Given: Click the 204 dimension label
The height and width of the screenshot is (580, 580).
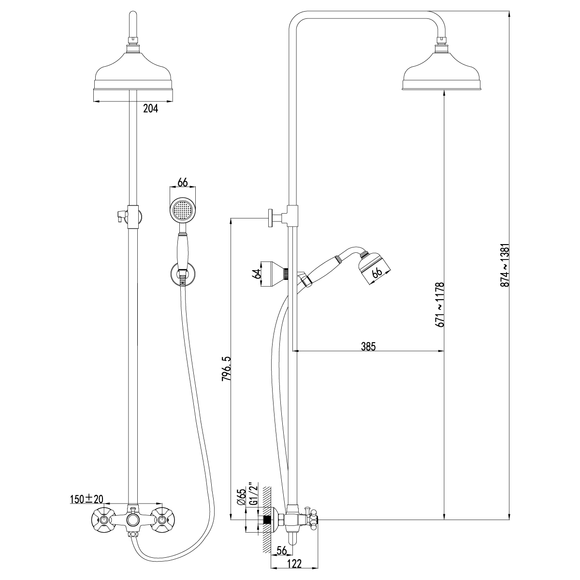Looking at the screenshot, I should tap(151, 109).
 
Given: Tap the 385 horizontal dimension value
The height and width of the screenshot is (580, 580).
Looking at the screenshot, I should tap(368, 346).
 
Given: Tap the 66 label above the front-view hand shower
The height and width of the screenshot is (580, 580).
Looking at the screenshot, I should tap(182, 182).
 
